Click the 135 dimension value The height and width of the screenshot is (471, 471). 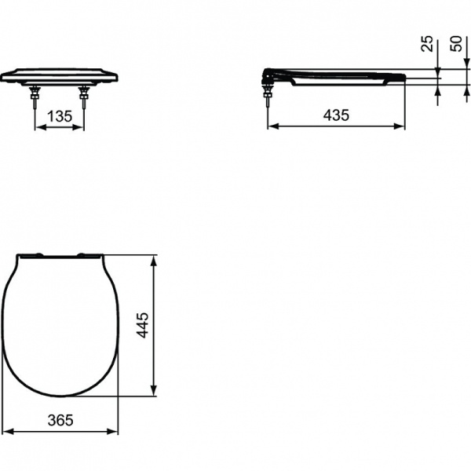(x=58, y=116)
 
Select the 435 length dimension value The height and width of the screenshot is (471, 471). (x=335, y=115)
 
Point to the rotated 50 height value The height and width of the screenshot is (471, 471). (x=455, y=43)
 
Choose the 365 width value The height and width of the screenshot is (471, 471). (x=60, y=420)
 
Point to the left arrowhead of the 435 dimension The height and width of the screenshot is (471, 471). (x=272, y=126)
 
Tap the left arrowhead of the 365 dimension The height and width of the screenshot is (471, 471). (x=6, y=431)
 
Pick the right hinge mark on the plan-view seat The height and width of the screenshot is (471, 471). (x=84, y=254)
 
